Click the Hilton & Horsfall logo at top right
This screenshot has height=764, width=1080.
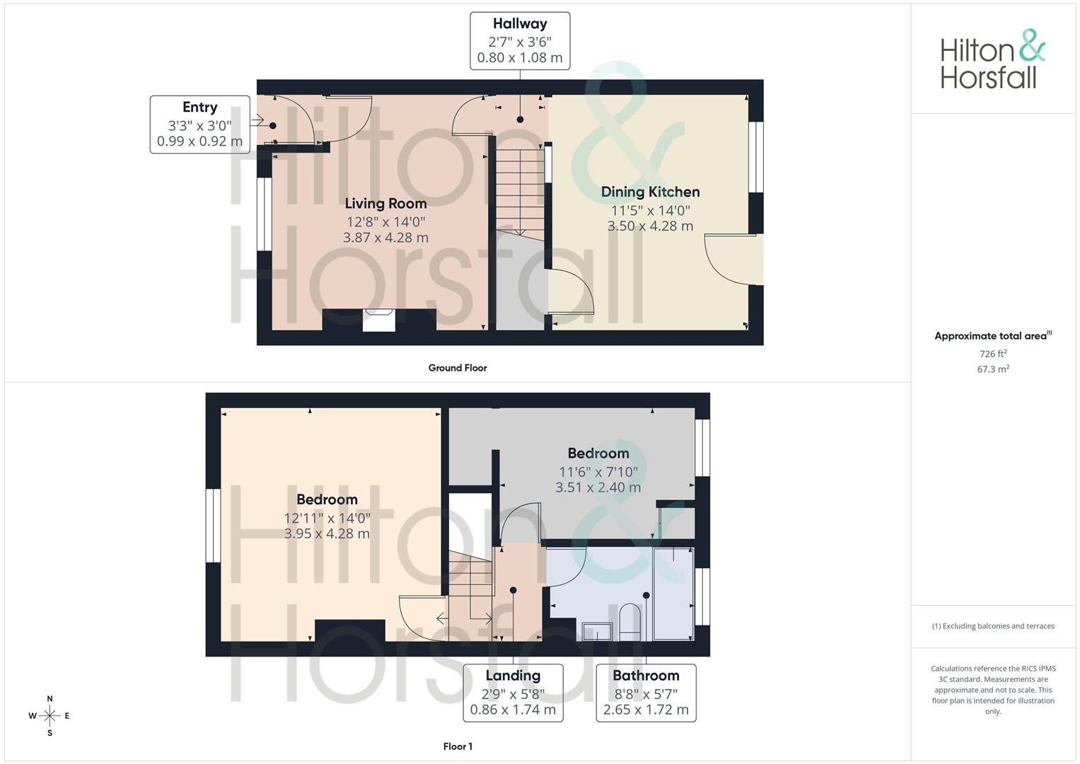992,59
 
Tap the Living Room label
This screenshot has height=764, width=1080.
385,204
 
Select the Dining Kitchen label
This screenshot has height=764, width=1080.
650,192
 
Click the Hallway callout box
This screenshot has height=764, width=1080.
520,41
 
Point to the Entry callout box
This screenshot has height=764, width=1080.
199,125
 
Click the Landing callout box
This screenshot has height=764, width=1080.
513,693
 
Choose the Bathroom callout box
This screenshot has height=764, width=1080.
646,693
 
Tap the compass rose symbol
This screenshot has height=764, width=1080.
50,716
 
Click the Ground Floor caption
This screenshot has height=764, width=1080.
458,368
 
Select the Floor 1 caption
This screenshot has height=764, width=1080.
458,746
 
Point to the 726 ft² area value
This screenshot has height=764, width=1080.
993,354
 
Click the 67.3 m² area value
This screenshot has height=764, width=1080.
993,369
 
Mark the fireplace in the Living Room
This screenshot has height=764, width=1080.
379,320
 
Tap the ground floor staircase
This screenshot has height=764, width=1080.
520,191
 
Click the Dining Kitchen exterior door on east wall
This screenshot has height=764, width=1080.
755,260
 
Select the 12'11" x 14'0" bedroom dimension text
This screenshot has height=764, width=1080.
327,518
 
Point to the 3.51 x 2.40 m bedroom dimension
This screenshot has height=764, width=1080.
598,487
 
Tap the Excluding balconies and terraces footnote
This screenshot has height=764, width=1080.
993,626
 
